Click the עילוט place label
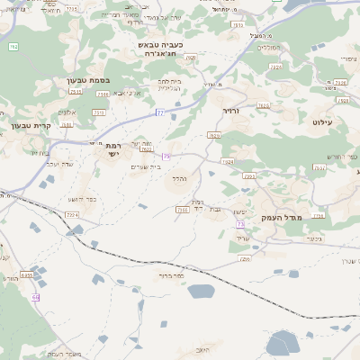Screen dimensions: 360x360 (x=323, y=121)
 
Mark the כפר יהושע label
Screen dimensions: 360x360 (x=83, y=199)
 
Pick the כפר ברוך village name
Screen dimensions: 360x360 (x=170, y=276)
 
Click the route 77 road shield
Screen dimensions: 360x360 (x=159, y=112)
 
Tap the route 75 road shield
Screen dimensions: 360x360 (x=166, y=156)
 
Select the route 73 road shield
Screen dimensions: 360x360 (x=240, y=223)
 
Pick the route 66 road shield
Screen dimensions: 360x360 (x=36, y=296)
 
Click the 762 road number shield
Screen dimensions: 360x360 (x=13, y=46)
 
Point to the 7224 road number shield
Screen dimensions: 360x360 (x=71, y=215)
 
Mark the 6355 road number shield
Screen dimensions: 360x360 (x=26, y=275)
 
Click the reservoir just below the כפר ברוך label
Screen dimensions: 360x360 (x=200, y=291)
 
